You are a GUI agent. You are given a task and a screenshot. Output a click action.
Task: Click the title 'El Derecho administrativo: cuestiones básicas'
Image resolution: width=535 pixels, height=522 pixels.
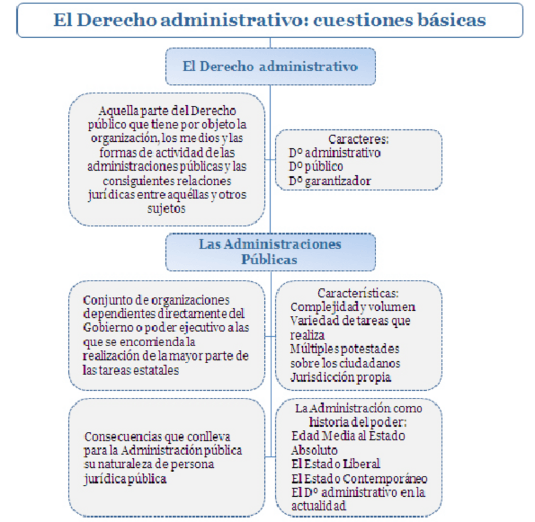(x=269, y=20)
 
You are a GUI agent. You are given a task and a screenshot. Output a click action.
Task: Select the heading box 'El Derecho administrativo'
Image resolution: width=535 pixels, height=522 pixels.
(x=270, y=66)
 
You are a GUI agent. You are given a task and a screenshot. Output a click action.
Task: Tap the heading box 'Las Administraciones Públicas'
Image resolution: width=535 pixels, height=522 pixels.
(x=270, y=252)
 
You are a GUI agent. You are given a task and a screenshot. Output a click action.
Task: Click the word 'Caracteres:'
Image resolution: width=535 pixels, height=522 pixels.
(x=358, y=139)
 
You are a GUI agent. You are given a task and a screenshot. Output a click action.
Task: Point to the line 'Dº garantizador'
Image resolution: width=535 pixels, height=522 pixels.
(x=330, y=181)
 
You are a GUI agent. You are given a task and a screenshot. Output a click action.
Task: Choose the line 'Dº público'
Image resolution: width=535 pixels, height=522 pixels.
(x=316, y=166)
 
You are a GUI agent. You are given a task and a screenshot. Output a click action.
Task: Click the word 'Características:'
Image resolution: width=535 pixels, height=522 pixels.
(x=358, y=293)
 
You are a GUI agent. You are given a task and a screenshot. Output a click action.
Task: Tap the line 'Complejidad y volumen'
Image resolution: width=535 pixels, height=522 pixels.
(x=352, y=307)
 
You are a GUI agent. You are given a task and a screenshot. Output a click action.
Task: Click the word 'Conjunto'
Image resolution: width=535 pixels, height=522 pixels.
(x=105, y=299)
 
